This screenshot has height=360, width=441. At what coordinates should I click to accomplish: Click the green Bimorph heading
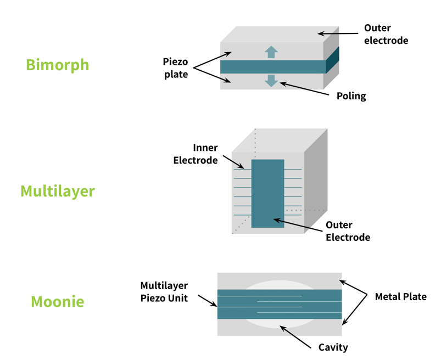coord(57,65)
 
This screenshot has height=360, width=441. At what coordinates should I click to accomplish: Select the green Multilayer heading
coord(57,191)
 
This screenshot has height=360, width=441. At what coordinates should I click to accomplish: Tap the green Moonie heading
coord(57,301)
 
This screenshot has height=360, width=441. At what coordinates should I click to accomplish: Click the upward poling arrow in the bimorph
coord(271,52)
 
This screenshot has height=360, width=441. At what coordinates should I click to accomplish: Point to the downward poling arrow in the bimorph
coord(271,80)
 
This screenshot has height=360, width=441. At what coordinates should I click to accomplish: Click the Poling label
coord(351,96)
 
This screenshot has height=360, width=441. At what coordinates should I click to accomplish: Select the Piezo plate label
coord(176,67)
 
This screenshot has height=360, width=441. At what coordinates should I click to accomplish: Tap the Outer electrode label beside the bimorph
coord(386,33)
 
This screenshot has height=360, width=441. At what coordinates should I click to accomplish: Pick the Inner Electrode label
coord(196,154)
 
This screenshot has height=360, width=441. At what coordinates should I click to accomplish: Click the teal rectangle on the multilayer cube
coord(267,193)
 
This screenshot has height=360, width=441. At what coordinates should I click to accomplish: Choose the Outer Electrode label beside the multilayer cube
coord(348,231)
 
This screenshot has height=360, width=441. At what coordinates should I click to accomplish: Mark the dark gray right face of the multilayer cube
coord(315,181)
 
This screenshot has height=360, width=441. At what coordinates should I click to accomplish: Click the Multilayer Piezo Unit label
coord(164,292)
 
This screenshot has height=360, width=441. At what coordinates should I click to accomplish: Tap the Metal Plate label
coord(400,297)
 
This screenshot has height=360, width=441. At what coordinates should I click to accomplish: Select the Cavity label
coord(333,347)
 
